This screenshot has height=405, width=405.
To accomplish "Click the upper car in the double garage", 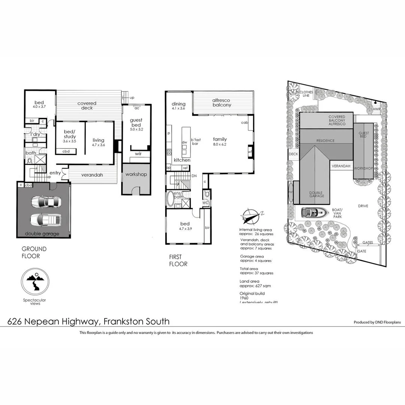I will (45, 202).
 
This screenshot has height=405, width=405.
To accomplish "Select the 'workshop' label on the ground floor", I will (136, 174).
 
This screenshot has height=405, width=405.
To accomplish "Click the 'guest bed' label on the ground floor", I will (136, 122).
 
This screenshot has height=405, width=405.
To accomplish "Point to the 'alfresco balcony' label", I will (221, 103).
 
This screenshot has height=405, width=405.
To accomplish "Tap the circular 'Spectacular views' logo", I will (34, 282).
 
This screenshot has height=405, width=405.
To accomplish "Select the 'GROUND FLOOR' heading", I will (34, 252).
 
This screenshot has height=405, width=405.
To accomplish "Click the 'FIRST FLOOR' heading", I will (178, 260).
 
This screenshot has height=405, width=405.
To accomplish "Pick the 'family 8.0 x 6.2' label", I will (220, 141).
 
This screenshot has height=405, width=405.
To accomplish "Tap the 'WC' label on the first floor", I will (205, 203).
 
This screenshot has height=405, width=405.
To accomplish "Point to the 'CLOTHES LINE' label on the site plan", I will (306, 93).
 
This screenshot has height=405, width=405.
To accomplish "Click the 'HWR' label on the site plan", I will (376, 109).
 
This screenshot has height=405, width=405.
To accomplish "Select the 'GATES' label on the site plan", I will (368, 243).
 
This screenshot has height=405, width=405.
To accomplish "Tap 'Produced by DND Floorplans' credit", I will (377, 322).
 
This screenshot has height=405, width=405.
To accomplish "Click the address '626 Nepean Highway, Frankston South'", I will (88, 321).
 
